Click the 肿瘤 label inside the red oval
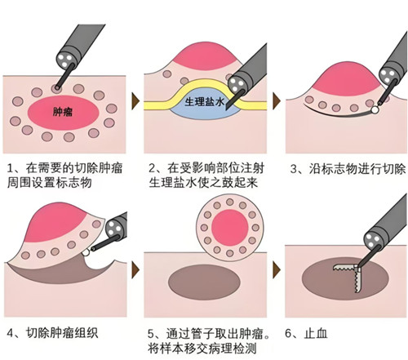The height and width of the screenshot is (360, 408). click(63, 112)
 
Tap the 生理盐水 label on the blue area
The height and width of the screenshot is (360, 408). click(205, 102)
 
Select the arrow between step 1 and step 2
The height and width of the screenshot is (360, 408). click(135, 101)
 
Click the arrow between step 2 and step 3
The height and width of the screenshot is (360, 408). click(277, 101)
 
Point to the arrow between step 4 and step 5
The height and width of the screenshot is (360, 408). click(135, 270)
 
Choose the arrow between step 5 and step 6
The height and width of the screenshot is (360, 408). click(277, 270)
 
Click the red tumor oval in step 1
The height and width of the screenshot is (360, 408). click(63, 113)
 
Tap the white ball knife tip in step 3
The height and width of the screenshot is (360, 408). click(375, 109)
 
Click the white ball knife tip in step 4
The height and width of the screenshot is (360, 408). click(86, 252)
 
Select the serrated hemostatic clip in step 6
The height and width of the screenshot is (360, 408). click(348, 276)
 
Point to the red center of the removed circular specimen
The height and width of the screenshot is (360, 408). click(230, 228)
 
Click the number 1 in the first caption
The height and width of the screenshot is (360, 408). click(10, 168)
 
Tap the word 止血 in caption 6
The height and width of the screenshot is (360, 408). click(316, 333)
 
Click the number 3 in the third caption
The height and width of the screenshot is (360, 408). click(294, 169)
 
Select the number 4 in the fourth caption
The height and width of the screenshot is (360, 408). click(10, 333)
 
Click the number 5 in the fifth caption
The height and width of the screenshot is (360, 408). click(151, 334)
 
